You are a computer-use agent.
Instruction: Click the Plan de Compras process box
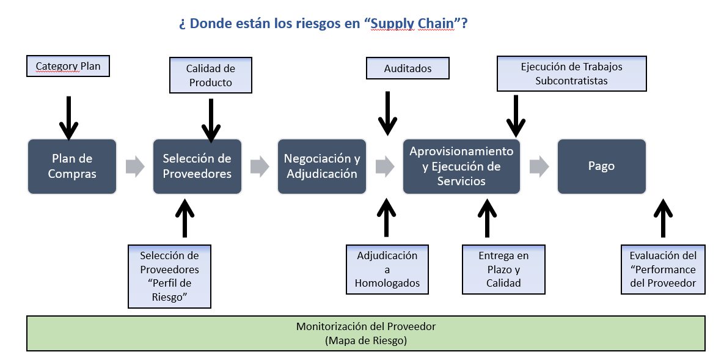tap(72, 166)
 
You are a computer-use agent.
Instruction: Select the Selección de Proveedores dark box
tap(197, 166)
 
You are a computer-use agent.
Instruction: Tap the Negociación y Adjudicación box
tap(322, 166)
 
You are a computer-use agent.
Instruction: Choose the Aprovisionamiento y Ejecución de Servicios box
tap(461, 166)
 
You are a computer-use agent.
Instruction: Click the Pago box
tap(602, 166)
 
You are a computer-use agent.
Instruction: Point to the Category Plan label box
tap(68, 66)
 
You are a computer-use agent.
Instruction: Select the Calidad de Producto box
tap(211, 75)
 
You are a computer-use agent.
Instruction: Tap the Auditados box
tap(408, 68)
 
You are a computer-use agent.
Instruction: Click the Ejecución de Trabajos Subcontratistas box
tap(572, 73)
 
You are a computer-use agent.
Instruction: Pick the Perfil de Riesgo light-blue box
tap(169, 276)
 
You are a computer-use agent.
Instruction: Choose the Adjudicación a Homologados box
tap(387, 270)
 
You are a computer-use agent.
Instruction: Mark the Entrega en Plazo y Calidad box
tap(504, 270)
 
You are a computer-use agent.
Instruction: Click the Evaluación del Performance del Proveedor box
tap(663, 270)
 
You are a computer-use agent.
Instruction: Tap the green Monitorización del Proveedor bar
tap(366, 333)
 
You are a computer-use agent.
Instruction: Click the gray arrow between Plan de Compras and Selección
tap(135, 166)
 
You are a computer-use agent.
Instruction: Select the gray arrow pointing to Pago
tap(539, 166)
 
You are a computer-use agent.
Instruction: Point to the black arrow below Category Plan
tap(69, 118)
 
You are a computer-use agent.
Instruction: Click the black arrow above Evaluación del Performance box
tap(663, 218)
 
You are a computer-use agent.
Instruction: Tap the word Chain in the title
tap(436, 23)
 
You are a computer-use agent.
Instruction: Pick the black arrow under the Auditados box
tap(387, 113)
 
